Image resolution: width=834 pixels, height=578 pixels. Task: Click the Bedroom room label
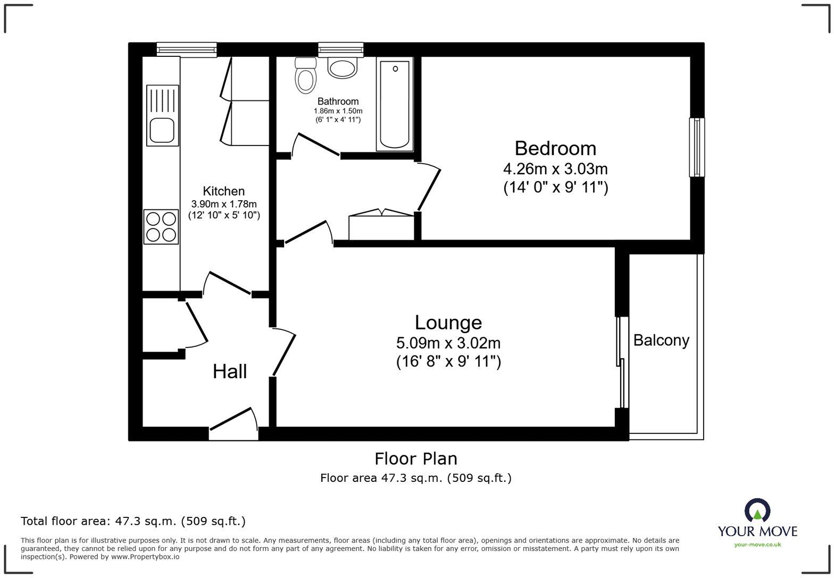click(x=555, y=148)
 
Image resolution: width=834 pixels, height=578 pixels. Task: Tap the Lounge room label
click(x=448, y=322)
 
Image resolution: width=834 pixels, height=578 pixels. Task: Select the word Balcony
click(x=661, y=341)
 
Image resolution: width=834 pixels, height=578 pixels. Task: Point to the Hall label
click(x=230, y=371)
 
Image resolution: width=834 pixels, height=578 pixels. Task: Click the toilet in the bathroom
click(x=305, y=76)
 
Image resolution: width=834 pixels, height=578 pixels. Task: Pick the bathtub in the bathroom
click(x=395, y=104)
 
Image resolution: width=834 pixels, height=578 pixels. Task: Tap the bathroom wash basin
click(x=342, y=67)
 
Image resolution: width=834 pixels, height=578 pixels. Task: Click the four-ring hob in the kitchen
click(x=161, y=227)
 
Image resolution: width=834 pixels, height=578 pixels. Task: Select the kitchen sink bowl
click(x=162, y=130)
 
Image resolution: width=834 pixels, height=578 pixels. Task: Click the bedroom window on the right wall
click(x=697, y=147)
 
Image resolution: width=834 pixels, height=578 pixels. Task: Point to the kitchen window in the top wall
click(x=187, y=49)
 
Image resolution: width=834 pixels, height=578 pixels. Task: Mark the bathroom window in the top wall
click(x=340, y=49)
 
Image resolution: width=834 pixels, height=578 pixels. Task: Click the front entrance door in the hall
click(x=233, y=424)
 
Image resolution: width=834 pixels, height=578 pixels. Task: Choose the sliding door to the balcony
click(x=622, y=362)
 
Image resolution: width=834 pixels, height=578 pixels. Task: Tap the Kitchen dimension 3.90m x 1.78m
click(x=224, y=204)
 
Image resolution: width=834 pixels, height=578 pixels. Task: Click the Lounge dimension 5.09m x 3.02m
click(x=448, y=343)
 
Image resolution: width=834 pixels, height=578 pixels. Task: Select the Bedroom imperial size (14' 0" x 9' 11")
click(x=555, y=187)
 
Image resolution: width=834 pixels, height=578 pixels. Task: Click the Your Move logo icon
click(x=757, y=511)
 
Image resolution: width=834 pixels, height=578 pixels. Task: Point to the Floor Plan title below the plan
click(x=416, y=458)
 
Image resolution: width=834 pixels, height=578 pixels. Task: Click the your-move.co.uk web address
click(x=757, y=545)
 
